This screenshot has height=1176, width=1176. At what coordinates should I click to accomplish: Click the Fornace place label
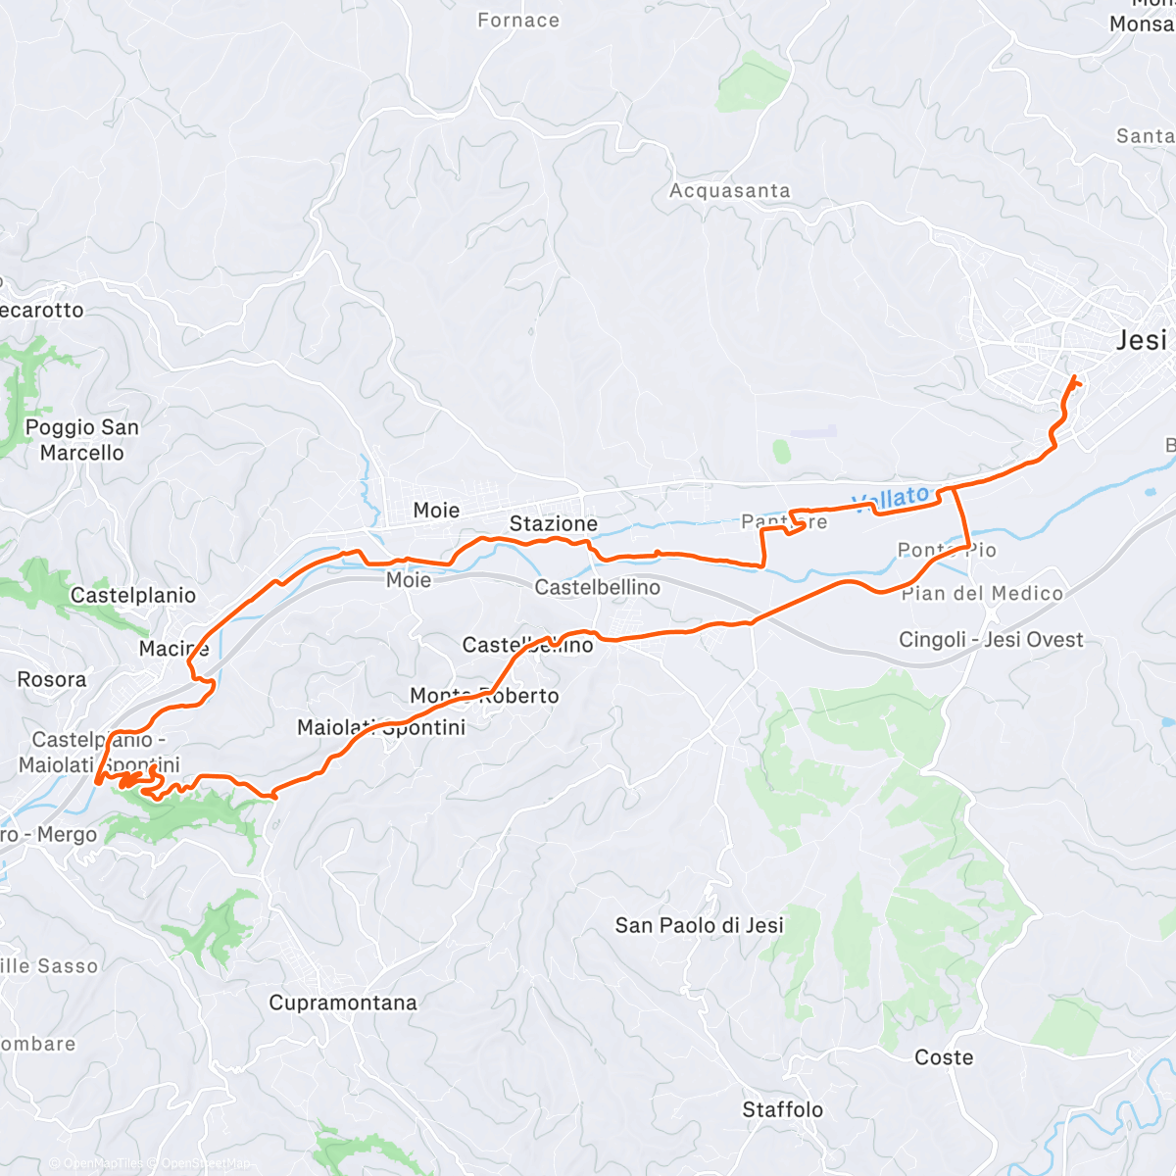click(x=518, y=21)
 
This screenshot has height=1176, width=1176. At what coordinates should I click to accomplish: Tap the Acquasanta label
click(x=729, y=191)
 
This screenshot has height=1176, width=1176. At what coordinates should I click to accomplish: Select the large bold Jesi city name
click(x=1142, y=340)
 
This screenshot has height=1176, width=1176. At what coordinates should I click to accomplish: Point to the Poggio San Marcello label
click(x=82, y=440)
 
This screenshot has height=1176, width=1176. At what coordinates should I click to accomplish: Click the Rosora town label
click(x=52, y=679)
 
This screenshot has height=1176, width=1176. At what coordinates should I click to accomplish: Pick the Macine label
click(x=173, y=649)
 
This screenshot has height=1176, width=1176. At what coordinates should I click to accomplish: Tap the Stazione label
click(x=554, y=524)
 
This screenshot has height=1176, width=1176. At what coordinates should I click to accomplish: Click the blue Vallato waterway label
click(x=890, y=499)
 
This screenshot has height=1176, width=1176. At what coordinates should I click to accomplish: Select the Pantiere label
click(x=784, y=521)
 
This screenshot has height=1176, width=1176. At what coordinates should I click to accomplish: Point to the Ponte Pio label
click(x=947, y=550)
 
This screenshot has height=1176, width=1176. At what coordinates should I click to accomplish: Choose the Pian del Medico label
click(x=982, y=593)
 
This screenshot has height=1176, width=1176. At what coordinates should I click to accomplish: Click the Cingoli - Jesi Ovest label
click(x=991, y=640)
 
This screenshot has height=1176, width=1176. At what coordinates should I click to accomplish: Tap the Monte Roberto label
click(x=484, y=696)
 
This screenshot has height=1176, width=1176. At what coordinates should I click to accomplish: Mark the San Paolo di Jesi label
click(x=699, y=925)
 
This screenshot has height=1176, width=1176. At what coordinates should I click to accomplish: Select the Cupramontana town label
click(x=343, y=1003)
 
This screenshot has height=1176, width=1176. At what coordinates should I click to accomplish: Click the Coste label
click(x=944, y=1057)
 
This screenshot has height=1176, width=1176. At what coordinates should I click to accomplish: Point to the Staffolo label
click(x=782, y=1109)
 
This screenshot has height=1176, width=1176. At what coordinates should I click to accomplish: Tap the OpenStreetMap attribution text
click(x=205, y=1163)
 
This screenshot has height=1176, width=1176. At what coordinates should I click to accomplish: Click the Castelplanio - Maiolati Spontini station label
click(x=99, y=752)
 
